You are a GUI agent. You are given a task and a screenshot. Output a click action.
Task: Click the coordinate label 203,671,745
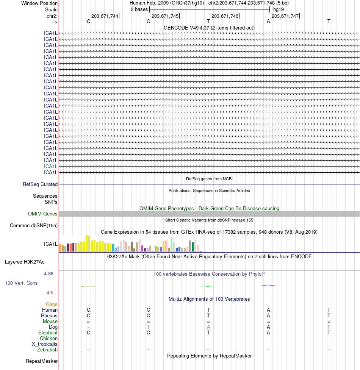tap(165, 16)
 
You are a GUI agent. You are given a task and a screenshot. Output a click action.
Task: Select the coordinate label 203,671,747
tap(285, 16)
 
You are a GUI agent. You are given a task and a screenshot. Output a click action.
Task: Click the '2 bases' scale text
tap(139, 9)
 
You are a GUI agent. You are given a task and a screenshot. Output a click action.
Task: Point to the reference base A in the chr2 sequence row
tap(268, 21)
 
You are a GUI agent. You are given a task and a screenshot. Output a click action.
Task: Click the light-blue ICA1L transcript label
tap(51, 166)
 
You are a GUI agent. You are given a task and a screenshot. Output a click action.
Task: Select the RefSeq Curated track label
tap(40, 184)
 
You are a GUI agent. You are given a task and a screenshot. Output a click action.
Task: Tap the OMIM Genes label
tap(43, 214)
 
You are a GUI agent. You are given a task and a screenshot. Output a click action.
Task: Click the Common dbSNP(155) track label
tap(34, 226)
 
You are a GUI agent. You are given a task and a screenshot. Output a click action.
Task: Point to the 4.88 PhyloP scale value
tap(50, 273)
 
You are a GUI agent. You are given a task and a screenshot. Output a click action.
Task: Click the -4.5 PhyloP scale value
tap(51, 292)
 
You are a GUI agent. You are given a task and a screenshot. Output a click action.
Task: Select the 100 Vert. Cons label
tap(21, 283)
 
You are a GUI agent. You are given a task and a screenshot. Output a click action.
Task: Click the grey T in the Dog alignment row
tap(149, 327)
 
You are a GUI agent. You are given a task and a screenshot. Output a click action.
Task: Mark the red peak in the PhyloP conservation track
tap(268, 285)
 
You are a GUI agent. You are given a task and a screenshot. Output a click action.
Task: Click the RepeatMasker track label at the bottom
tap(42, 361)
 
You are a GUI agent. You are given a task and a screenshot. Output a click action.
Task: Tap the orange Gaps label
tap(52, 304)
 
